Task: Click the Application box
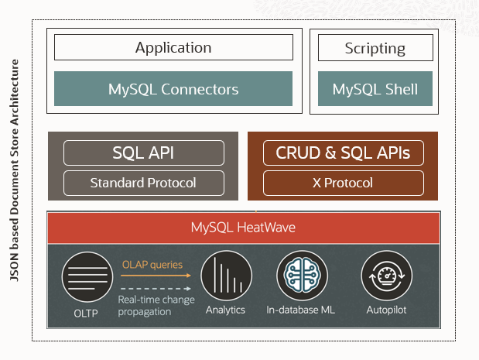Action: pyautogui.click(x=173, y=48)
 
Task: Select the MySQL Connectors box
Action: pyautogui.click(x=173, y=89)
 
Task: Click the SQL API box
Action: pyautogui.click(x=144, y=153)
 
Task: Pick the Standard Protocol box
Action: pyautogui.click(x=144, y=183)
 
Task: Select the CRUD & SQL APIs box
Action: pyautogui.click(x=343, y=153)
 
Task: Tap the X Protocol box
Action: pyautogui.click(x=343, y=183)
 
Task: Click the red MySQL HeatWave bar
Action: pyautogui.click(x=243, y=228)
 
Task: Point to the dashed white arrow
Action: pyautogui.click(x=156, y=288)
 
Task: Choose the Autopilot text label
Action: pyautogui.click(x=385, y=310)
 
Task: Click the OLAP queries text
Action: pyautogui.click(x=152, y=265)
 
